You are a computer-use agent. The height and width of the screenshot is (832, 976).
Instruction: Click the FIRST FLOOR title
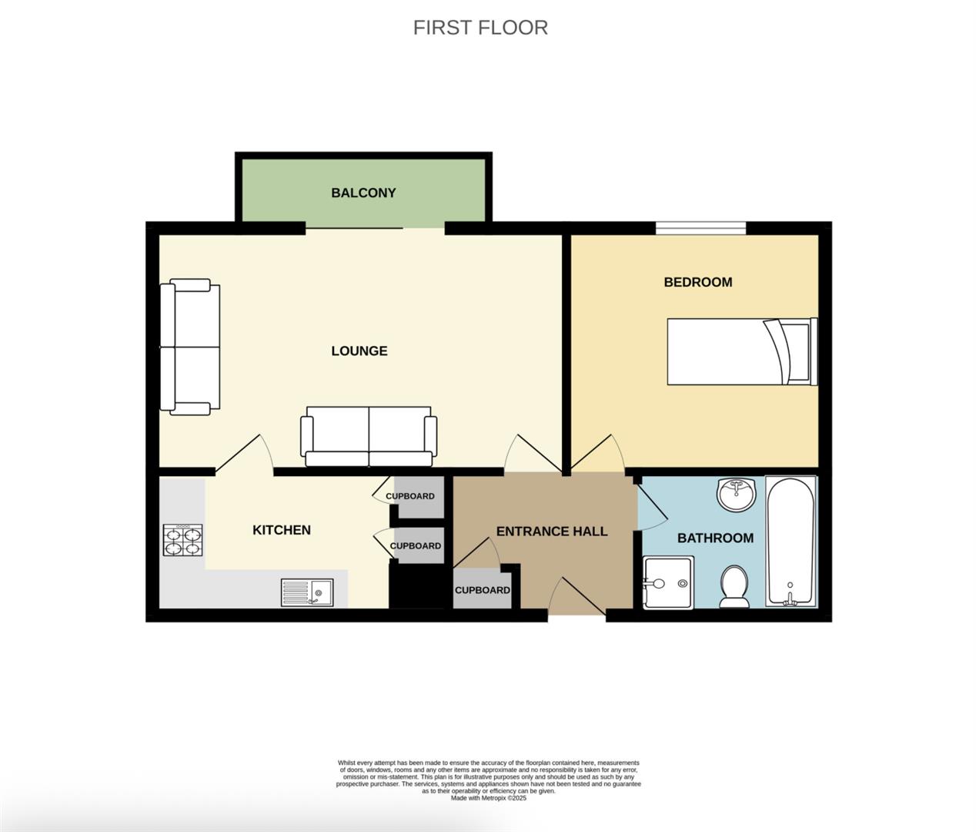pyautogui.click(x=480, y=28)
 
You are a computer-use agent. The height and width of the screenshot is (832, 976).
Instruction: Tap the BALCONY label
pyautogui.click(x=363, y=193)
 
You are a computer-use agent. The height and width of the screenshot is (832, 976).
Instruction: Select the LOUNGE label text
pyautogui.click(x=359, y=351)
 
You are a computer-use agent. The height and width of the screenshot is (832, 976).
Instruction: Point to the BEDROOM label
pyautogui.click(x=697, y=282)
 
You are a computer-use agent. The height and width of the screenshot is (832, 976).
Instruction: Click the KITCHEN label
pyautogui.click(x=282, y=530)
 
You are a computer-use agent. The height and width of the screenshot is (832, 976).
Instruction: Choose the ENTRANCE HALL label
pyautogui.click(x=551, y=532)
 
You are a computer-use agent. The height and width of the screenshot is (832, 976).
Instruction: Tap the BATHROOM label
pyautogui.click(x=715, y=538)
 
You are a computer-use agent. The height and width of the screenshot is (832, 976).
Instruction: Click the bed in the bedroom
pyautogui.click(x=740, y=351)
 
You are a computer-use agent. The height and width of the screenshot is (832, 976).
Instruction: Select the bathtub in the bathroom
pyautogui.click(x=790, y=541)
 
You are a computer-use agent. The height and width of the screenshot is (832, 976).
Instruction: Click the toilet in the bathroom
pyautogui.click(x=734, y=587)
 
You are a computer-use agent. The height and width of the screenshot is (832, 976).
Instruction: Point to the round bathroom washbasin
pyautogui.click(x=737, y=494)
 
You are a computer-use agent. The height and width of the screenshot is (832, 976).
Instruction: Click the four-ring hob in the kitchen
pyautogui.click(x=183, y=540)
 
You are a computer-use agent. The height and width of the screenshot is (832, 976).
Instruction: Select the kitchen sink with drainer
pyautogui.click(x=306, y=592)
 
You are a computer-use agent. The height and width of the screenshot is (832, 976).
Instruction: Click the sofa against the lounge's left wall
pyautogui.click(x=189, y=347)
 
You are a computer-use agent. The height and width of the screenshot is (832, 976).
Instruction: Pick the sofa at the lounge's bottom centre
pyautogui.click(x=369, y=437)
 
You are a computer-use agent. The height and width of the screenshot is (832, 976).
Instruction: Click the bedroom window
pyautogui.click(x=700, y=227)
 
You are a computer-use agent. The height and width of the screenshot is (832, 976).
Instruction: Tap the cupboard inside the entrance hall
pyautogui.click(x=482, y=590)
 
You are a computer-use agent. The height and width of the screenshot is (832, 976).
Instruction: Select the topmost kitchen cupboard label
pyautogui.click(x=410, y=496)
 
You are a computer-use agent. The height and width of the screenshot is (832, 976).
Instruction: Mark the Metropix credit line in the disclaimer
pyautogui.click(x=488, y=798)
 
